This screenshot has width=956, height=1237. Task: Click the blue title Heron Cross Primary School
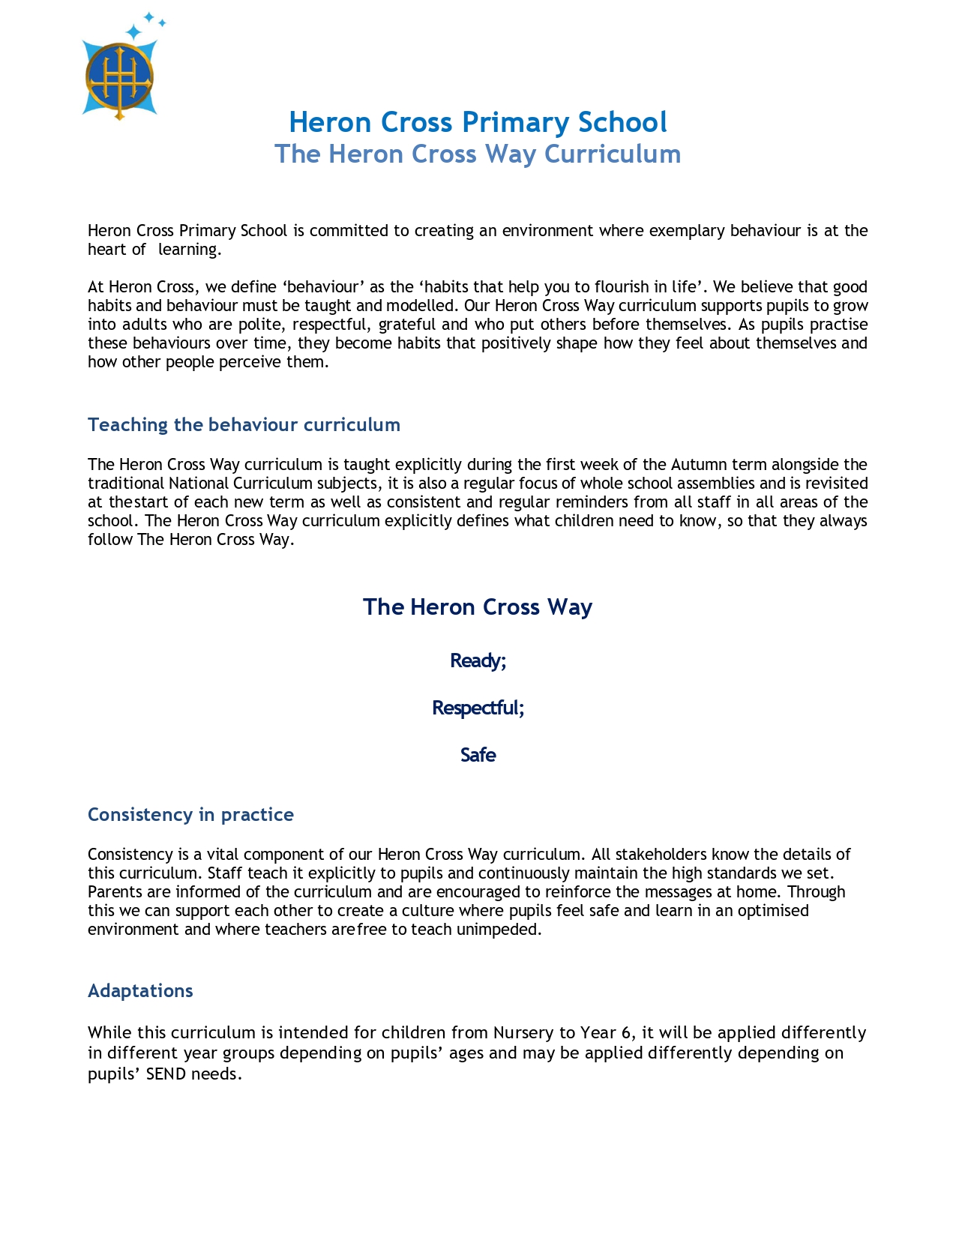[478, 122]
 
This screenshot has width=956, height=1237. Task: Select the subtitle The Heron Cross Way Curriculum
[478, 154]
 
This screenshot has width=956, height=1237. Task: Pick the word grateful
[406, 325]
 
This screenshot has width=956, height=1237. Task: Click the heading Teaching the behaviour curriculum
[244, 425]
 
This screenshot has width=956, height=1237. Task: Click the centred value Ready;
[478, 660]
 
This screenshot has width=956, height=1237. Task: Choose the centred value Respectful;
[478, 708]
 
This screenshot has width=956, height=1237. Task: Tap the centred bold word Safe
[478, 755]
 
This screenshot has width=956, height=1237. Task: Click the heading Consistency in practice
[190, 815]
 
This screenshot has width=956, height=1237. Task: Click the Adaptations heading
[140, 991]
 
